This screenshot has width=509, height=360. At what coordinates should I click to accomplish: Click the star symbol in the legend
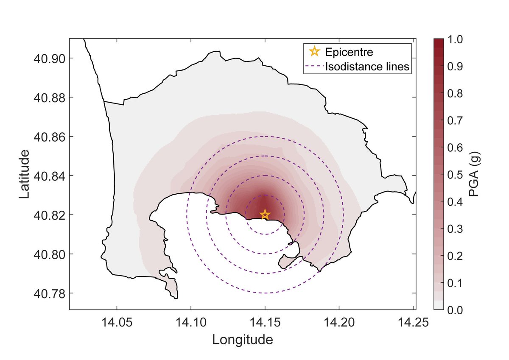coord(314,52)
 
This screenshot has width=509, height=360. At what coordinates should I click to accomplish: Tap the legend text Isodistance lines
coord(367,67)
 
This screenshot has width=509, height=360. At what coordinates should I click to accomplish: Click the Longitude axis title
coord(242,340)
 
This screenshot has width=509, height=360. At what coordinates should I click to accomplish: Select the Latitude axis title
coord(25,174)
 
